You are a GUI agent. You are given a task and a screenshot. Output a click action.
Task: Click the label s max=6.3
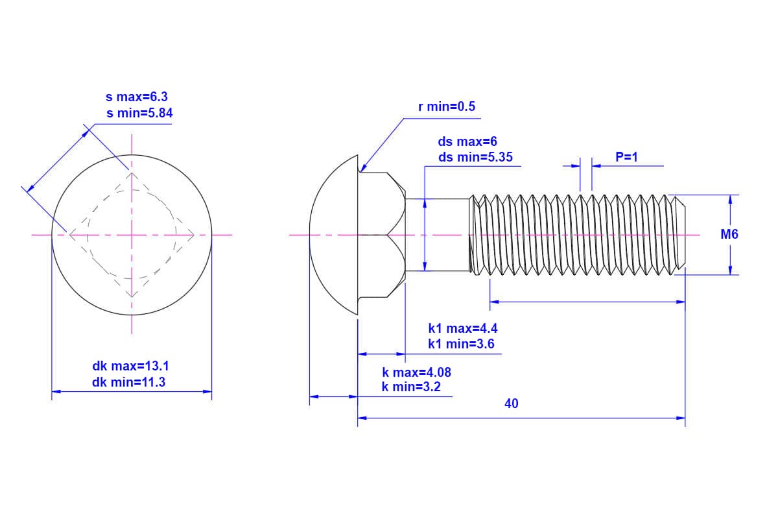pyautogui.click(x=137, y=97)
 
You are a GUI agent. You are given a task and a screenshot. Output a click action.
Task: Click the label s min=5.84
pyautogui.click(x=140, y=113)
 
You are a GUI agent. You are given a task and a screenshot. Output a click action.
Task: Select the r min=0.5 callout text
pyautogui.click(x=447, y=106)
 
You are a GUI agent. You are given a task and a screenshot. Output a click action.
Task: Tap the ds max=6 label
pyautogui.click(x=467, y=141)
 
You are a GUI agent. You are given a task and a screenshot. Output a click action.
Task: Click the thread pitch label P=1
pyautogui.click(x=627, y=157)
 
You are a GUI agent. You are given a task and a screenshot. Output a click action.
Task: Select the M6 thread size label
pyautogui.click(x=729, y=235)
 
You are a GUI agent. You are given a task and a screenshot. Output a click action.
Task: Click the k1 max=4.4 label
pyautogui.click(x=463, y=328)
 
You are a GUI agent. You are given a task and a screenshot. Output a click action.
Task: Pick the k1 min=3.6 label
pyautogui.click(x=461, y=344)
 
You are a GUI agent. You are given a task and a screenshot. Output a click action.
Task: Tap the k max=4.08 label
pyautogui.click(x=416, y=372)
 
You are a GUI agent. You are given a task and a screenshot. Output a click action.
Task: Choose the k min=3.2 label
pyautogui.click(x=411, y=387)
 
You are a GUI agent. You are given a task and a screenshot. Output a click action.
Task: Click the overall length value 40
pyautogui.click(x=512, y=404)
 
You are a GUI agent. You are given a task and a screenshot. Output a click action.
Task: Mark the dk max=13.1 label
pyautogui.click(x=130, y=367)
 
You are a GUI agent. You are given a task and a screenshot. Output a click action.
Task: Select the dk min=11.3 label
pyautogui.click(x=128, y=382)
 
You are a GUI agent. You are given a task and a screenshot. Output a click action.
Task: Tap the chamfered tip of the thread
pyautogui.click(x=680, y=234)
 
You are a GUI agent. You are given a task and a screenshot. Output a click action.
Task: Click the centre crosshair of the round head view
pyautogui.click(x=132, y=234)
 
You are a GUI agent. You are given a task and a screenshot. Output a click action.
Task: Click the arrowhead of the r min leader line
pyautogui.click(x=360, y=170)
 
